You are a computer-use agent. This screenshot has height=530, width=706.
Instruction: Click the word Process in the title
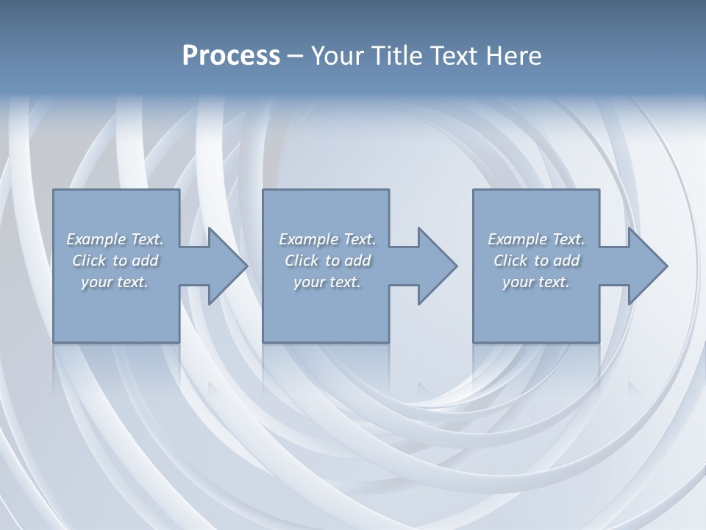point(231,56)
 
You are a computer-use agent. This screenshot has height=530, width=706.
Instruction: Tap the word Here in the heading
point(513,56)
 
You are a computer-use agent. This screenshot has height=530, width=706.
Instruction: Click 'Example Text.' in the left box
point(115,239)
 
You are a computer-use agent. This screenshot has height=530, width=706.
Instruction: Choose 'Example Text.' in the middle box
point(327,239)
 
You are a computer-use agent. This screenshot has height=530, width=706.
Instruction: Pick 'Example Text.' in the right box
point(536,239)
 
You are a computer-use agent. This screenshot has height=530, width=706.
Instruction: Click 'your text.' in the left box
point(115,282)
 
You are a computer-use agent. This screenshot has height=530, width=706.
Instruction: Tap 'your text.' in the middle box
point(327,282)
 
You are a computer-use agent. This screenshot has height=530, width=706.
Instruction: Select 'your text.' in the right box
point(536,282)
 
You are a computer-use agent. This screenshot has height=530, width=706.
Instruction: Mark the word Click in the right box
point(510,261)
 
